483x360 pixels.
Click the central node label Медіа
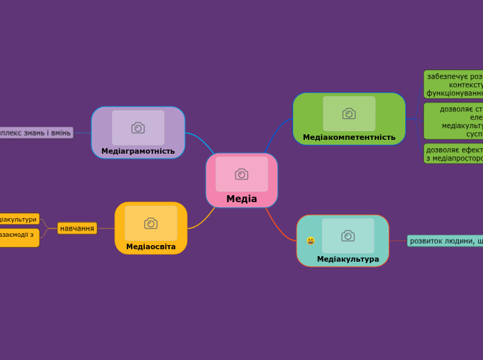(x=241, y=199)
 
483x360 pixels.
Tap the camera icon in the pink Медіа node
(x=241, y=174)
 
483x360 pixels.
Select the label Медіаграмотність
(x=138, y=151)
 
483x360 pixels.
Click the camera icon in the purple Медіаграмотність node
(x=138, y=127)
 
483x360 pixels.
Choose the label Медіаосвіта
(x=150, y=246)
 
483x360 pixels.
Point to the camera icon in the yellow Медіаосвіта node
(x=150, y=223)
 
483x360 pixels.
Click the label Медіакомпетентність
(x=349, y=137)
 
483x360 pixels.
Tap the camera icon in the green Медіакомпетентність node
(x=349, y=114)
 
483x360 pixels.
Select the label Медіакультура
(x=348, y=259)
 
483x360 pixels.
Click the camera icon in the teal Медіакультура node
(x=348, y=235)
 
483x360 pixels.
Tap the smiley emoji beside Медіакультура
(x=310, y=241)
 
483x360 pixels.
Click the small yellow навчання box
(x=77, y=228)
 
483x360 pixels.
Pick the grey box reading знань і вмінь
(x=35, y=132)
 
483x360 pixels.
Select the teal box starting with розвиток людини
(x=445, y=241)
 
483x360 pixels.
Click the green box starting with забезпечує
(x=454, y=84)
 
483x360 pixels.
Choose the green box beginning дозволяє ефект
(x=454, y=154)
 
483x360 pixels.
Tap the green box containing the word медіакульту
(x=454, y=121)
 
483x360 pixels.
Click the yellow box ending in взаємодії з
(x=19, y=237)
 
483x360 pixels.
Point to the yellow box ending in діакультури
(x=19, y=219)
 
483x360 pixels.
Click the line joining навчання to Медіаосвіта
(x=105, y=228)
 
